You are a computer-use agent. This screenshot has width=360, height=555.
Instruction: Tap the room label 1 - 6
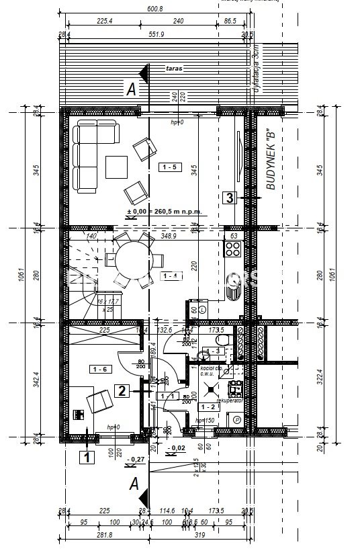click(100, 369)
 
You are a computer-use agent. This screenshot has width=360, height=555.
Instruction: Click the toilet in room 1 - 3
click(228, 342)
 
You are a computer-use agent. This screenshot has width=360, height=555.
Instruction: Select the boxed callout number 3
click(230, 198)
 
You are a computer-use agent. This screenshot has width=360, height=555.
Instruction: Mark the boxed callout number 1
click(87, 458)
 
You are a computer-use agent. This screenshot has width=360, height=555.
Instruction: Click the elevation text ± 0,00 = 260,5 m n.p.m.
click(164, 212)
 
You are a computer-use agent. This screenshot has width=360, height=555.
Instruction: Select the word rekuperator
click(228, 399)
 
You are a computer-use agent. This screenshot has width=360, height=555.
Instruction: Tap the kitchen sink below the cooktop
click(234, 289)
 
